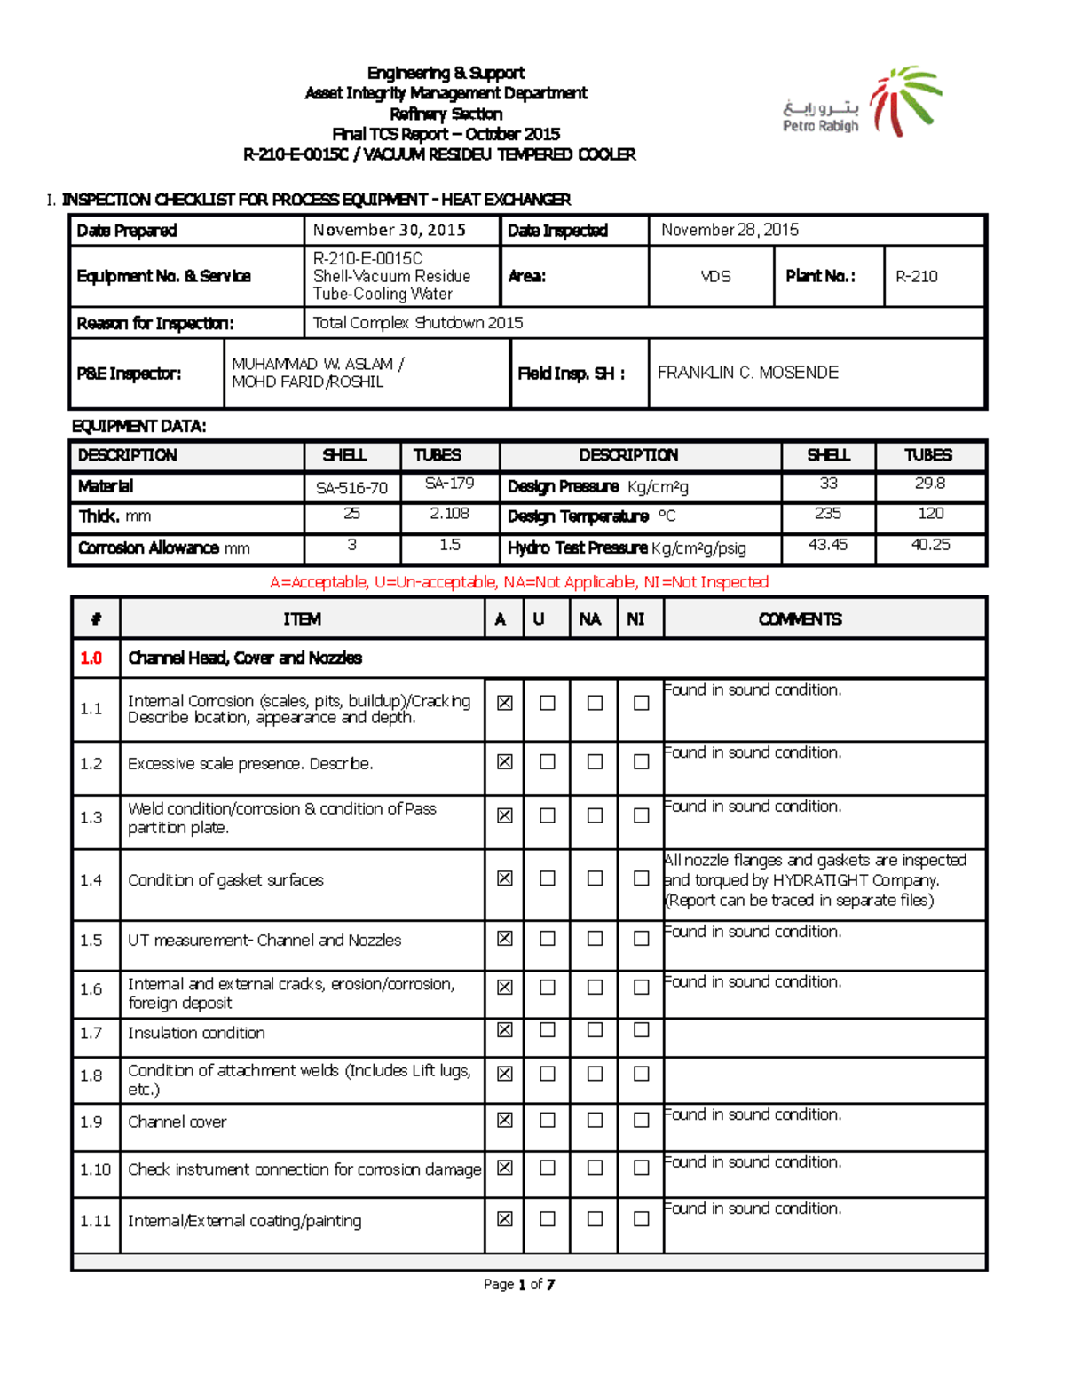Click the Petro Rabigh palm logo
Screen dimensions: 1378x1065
(x=904, y=99)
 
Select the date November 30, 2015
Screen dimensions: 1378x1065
(x=389, y=230)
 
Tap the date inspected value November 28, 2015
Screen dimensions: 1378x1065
(x=730, y=230)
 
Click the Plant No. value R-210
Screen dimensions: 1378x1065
(x=916, y=276)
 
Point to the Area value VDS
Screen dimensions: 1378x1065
(x=715, y=276)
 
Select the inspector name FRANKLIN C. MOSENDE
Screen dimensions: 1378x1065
(x=747, y=373)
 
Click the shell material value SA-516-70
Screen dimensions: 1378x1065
(x=351, y=487)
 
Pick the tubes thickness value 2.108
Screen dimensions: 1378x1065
(x=449, y=513)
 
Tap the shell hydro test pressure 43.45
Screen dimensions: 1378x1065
(x=827, y=544)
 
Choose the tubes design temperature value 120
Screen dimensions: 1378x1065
(x=930, y=513)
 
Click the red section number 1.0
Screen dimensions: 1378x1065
(x=91, y=658)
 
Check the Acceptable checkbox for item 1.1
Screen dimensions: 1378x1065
(x=504, y=703)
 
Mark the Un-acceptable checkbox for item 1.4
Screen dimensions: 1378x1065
(x=548, y=878)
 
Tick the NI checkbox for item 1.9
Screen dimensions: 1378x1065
(x=641, y=1120)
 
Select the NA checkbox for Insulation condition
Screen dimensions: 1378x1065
(x=595, y=1029)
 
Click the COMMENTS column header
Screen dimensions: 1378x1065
(x=800, y=618)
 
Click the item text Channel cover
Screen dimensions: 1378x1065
(x=177, y=1122)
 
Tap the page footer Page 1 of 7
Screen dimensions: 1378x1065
(x=519, y=1284)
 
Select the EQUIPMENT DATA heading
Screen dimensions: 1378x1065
(x=138, y=426)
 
